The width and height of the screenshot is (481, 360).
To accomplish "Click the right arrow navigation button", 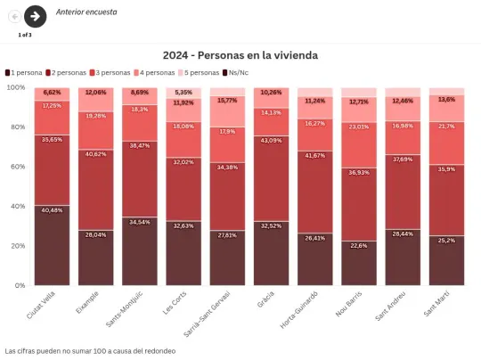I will pyautogui.click(x=35, y=15).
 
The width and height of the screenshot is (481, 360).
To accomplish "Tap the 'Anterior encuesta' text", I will pyautogui.click(x=86, y=12).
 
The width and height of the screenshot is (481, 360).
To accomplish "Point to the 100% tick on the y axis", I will pyautogui.click(x=16, y=87).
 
